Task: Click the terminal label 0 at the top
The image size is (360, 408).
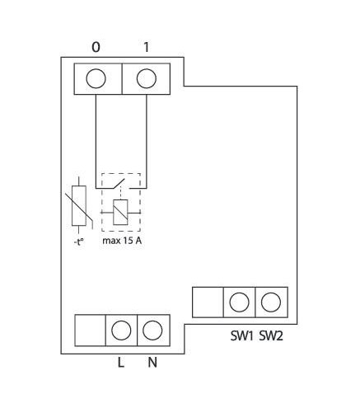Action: pos(96,47)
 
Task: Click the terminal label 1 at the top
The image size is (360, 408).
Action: pos(147,47)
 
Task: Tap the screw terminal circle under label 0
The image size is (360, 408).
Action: pos(96,78)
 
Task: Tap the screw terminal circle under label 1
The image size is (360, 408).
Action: pos(147,78)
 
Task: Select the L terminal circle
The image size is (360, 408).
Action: pos(121,330)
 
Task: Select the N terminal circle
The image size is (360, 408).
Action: pos(152,330)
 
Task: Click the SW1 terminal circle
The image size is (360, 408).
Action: pos(239,302)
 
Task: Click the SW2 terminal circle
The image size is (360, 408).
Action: pos(271,302)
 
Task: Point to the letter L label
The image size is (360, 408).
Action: pos(121,363)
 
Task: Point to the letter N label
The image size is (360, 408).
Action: pos(152,363)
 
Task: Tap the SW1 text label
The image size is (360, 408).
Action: pos(241,335)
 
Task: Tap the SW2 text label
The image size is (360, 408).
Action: pos(271,335)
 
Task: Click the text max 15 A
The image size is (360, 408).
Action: pos(122,241)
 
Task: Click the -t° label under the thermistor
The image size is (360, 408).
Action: pos(78,242)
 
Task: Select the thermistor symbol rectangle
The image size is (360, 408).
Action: pos(79,206)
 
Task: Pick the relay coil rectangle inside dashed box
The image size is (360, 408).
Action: pos(120,213)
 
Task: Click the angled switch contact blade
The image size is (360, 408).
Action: pos(118,184)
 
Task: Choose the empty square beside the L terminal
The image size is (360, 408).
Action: pos(91,331)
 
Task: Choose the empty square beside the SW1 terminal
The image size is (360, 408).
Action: pos(208,302)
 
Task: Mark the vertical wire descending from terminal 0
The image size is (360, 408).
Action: pos(96,141)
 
